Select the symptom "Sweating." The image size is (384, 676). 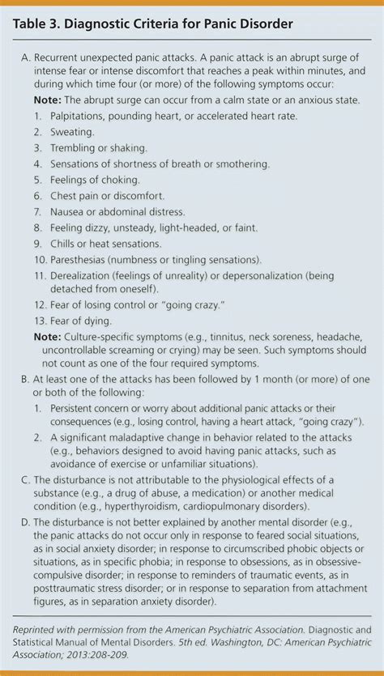pos(72,132)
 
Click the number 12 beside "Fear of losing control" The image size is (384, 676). pos(40,304)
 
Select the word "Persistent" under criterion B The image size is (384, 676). pos(79,407)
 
